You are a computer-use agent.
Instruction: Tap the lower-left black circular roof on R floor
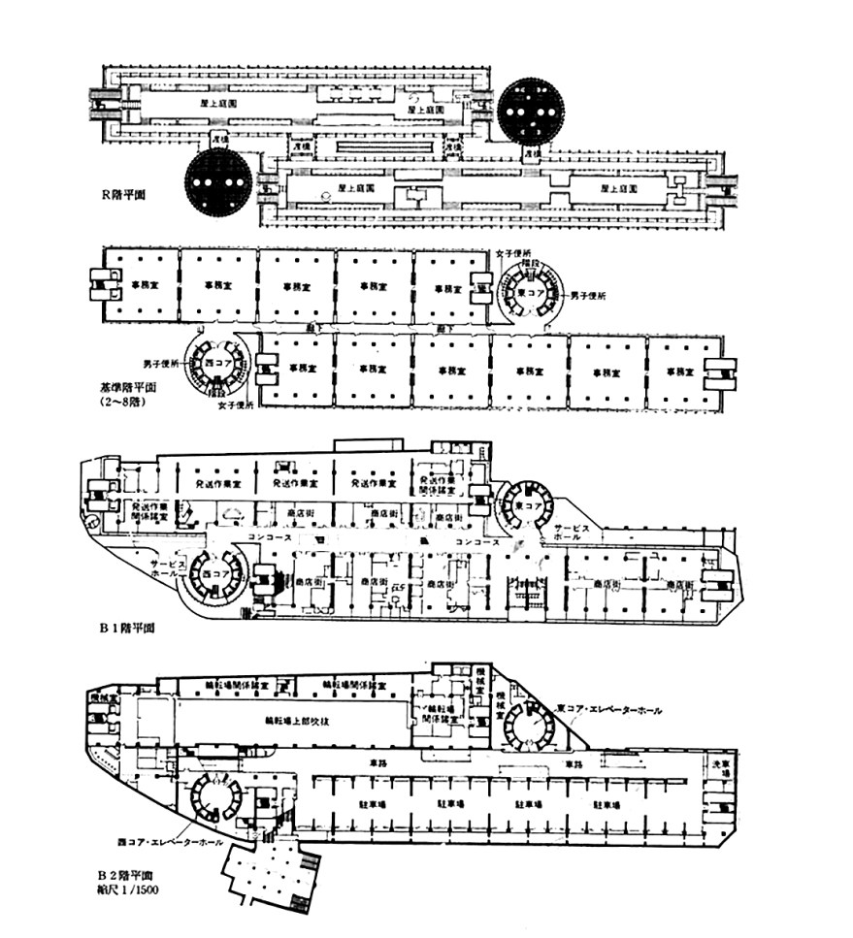[x=219, y=182]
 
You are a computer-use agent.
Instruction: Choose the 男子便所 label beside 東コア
[x=589, y=295]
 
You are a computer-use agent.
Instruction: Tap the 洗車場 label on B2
[x=719, y=765]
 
